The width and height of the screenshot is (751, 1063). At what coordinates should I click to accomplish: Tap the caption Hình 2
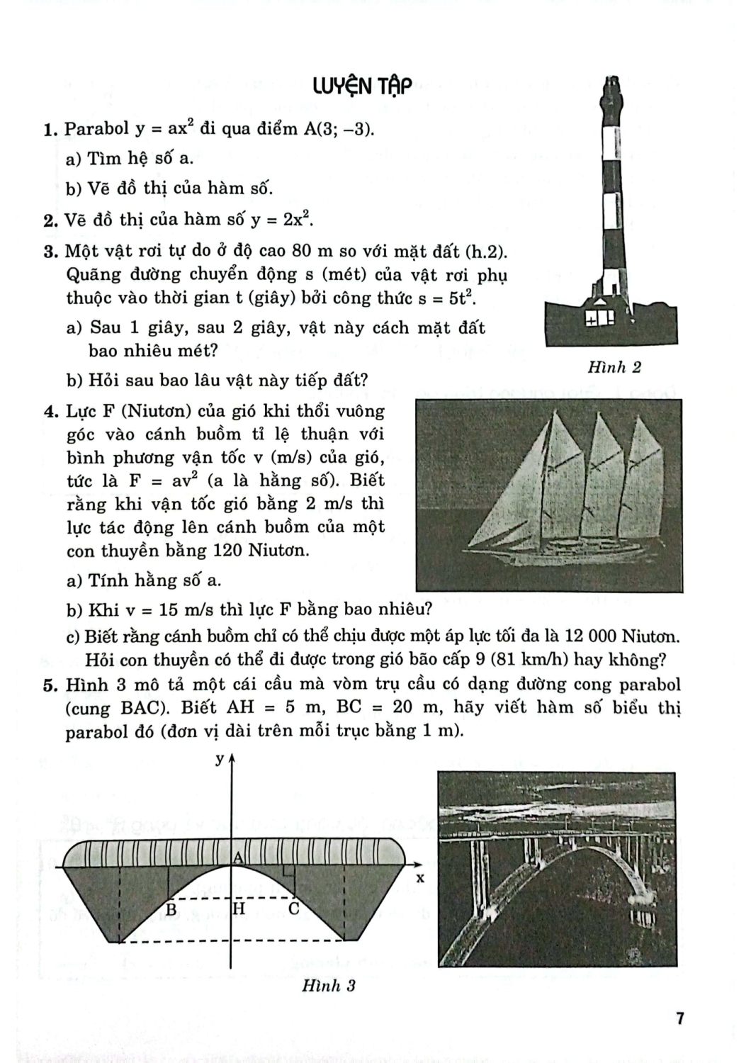tap(614, 367)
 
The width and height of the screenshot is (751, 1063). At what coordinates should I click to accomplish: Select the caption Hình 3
tap(328, 985)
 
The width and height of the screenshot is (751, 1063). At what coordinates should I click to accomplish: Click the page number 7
tap(679, 1019)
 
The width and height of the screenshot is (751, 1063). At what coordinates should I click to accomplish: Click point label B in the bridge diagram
tap(171, 909)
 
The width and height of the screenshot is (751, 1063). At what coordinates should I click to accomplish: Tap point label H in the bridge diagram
tap(239, 909)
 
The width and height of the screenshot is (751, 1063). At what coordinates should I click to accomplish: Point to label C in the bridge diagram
tap(293, 909)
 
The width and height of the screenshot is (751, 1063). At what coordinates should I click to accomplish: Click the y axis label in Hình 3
tap(220, 759)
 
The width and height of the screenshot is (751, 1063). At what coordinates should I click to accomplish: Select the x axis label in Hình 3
tap(419, 878)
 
